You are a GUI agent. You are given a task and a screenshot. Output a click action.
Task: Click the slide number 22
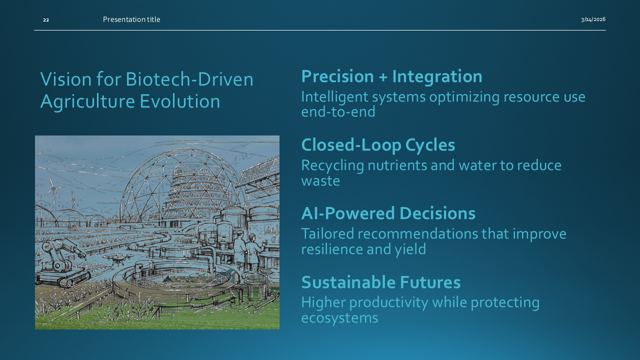46,19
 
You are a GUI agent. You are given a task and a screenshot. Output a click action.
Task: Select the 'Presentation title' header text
131,19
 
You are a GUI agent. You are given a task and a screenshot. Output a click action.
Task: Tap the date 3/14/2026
593,19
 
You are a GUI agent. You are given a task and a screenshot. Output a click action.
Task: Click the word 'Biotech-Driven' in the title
189,79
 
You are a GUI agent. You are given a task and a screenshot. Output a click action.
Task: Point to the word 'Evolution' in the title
179,101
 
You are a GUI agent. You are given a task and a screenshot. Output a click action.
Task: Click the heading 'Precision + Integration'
391,76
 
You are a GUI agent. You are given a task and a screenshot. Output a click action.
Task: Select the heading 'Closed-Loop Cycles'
378,145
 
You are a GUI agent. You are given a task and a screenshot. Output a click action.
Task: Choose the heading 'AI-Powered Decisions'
388,213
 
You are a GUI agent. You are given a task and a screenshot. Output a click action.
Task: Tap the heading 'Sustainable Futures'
380,282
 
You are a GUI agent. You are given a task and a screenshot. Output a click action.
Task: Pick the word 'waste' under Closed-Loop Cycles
320,181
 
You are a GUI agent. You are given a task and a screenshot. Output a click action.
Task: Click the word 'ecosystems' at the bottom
339,318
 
